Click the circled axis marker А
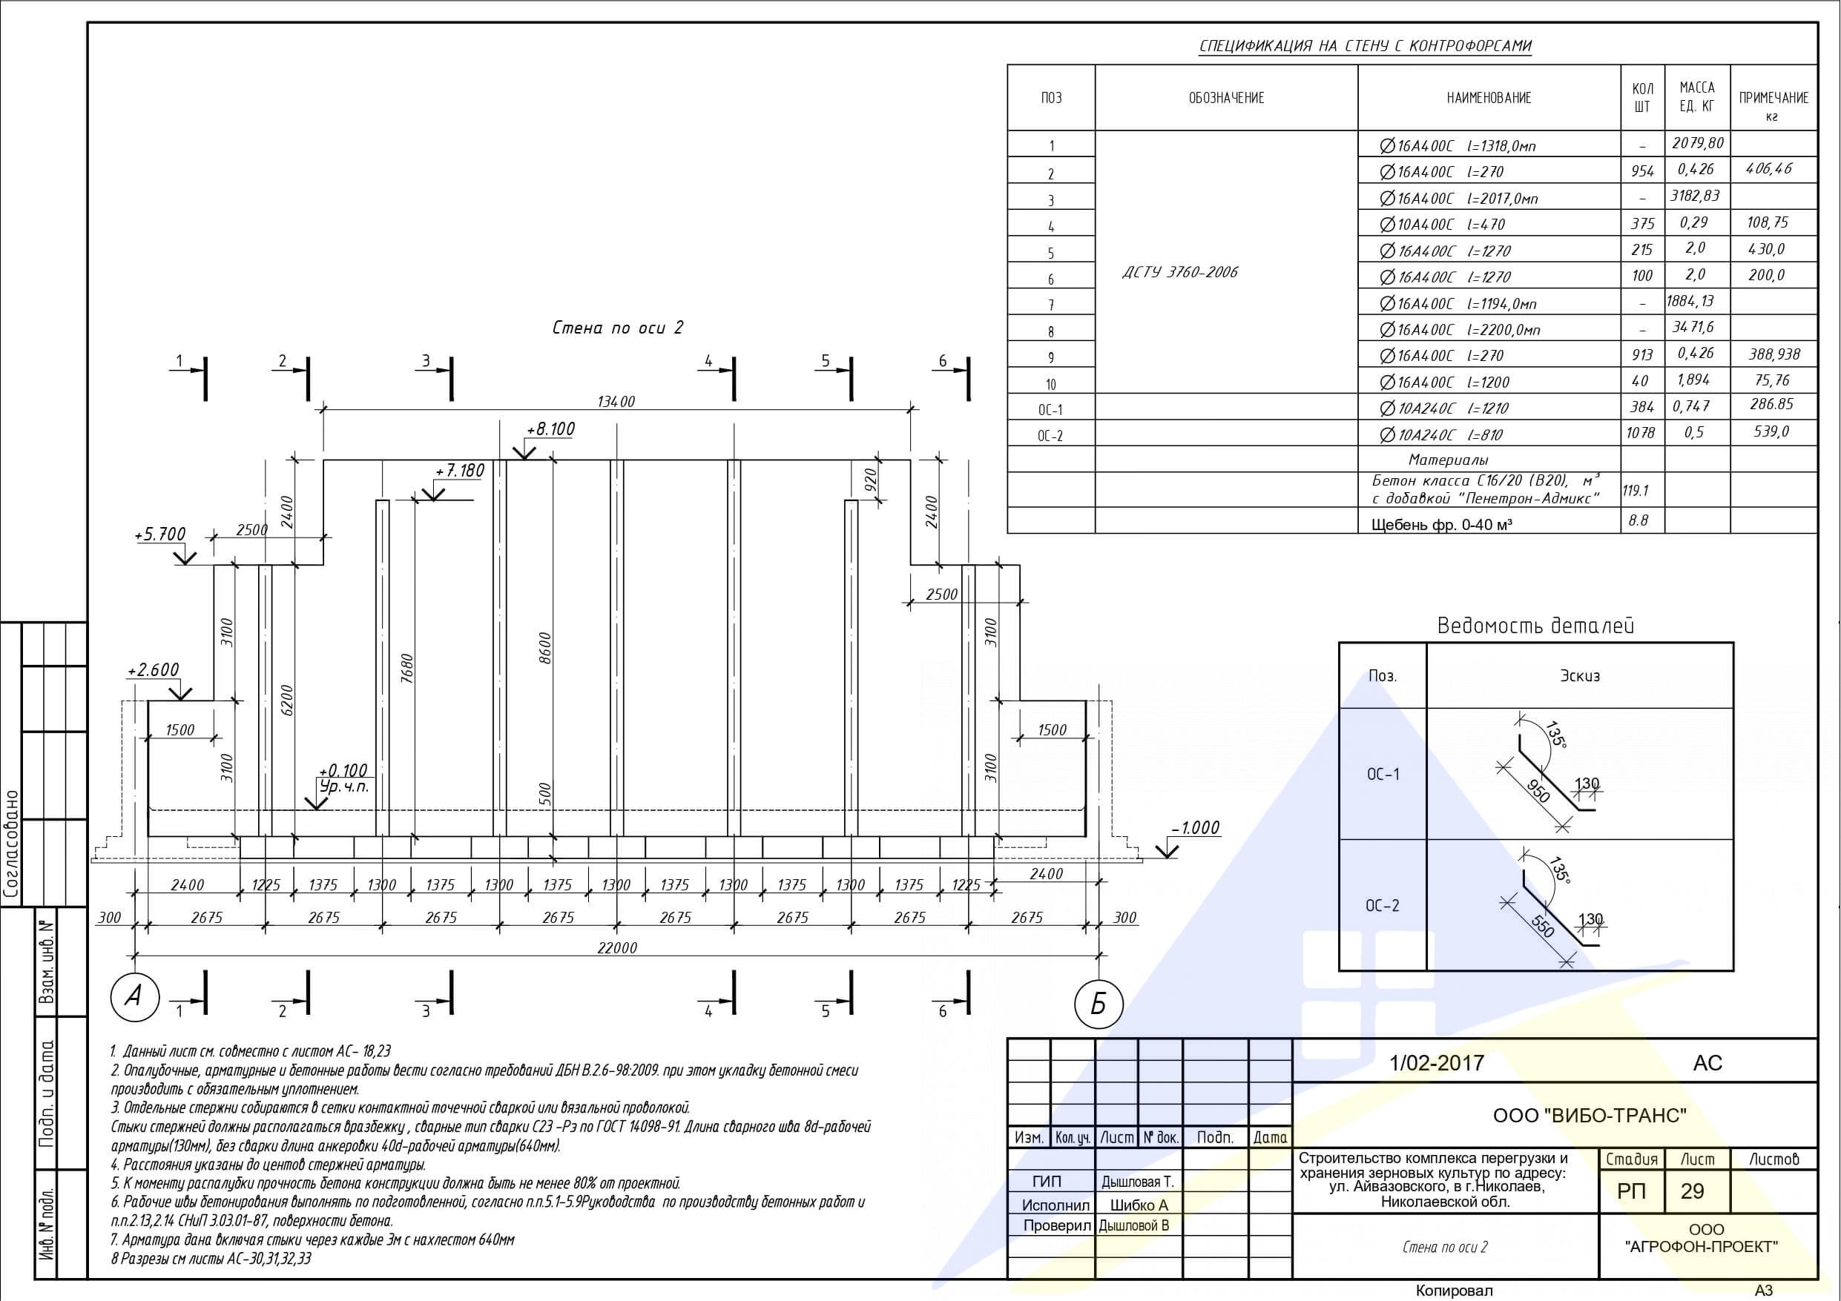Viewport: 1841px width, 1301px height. click(135, 996)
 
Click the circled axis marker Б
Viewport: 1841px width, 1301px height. click(1098, 1003)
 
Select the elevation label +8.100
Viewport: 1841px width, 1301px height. click(550, 429)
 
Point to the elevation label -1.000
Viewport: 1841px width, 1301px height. click(1195, 827)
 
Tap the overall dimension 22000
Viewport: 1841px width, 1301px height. click(617, 947)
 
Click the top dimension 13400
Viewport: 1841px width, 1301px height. click(616, 402)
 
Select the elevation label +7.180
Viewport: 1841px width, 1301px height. click(459, 471)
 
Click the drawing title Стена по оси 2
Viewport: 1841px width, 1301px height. click(617, 327)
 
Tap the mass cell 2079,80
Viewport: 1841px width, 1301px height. click(1696, 144)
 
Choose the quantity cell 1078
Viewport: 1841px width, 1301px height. click(1641, 433)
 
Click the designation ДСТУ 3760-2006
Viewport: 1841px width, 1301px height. click(1179, 272)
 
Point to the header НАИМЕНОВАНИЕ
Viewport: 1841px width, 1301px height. click(1489, 98)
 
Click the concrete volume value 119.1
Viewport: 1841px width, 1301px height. click(1636, 490)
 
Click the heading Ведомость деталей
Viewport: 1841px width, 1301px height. click(1535, 625)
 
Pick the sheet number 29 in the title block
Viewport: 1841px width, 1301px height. click(1692, 1191)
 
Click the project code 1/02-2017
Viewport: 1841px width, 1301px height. click(1437, 1063)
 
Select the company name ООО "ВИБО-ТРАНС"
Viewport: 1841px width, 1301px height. click(1590, 1115)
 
